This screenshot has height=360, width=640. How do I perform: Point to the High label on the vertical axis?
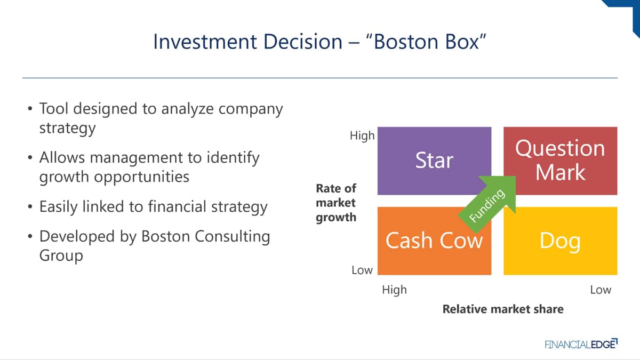[x=362, y=135]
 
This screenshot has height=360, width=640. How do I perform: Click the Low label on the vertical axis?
[x=362, y=270]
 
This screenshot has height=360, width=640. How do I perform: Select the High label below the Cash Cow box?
[x=394, y=290]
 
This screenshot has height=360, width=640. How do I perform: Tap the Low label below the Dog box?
[x=601, y=290]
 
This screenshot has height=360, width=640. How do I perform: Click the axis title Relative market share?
[x=503, y=309]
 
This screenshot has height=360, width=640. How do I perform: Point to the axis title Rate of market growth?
[x=336, y=203]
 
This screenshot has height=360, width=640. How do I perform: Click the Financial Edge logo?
[x=581, y=344]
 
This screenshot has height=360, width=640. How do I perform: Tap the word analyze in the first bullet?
[x=187, y=109]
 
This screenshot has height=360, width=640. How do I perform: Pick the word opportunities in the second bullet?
[x=142, y=177]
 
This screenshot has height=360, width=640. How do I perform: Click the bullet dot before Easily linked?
[x=30, y=206]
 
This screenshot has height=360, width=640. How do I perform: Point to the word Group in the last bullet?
[x=61, y=255]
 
